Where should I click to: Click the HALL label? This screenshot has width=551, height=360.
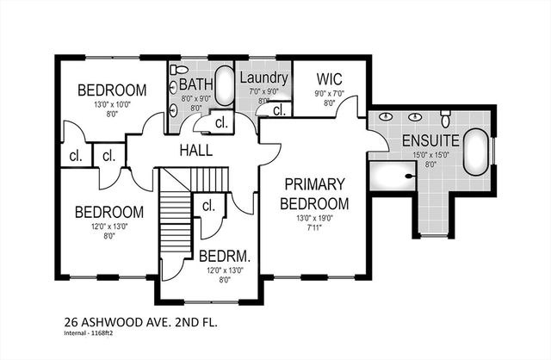coord(195,151)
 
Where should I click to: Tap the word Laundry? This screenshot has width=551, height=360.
coord(263,77)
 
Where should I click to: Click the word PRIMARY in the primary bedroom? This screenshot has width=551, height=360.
coord(315,185)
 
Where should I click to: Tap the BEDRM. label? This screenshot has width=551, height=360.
coord(224,256)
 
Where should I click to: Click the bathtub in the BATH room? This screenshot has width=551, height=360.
coord(223,86)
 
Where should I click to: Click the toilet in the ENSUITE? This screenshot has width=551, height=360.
coord(445,116)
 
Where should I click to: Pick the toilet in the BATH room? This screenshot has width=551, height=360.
coord(177,70)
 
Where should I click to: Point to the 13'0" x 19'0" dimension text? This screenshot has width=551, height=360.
coord(315,219)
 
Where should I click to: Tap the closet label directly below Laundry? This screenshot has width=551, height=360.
coord(278,110)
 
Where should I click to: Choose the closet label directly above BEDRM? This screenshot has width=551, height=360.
coord(207,206)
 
